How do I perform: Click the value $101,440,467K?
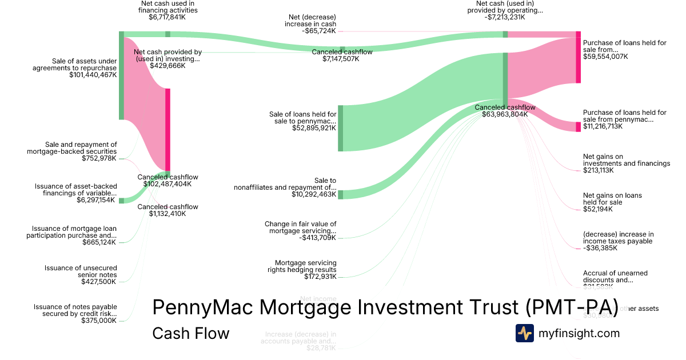pos(93,75)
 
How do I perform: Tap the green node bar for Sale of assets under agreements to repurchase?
pos(121,75)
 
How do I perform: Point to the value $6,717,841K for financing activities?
pos(167,17)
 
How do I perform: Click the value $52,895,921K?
pos(313,128)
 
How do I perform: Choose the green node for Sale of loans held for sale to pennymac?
pos(340,128)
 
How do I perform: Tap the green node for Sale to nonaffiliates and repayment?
pos(340,194)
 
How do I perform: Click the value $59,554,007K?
pos(605,57)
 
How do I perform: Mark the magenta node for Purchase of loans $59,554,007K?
pos(578,57)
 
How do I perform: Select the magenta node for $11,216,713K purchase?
pos(578,126)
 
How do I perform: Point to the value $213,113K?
pos(598,170)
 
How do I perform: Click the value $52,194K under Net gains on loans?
pos(598,209)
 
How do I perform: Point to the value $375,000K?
pos(99,321)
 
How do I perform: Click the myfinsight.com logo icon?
pos(524,333)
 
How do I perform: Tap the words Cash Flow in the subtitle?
pos(190,333)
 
